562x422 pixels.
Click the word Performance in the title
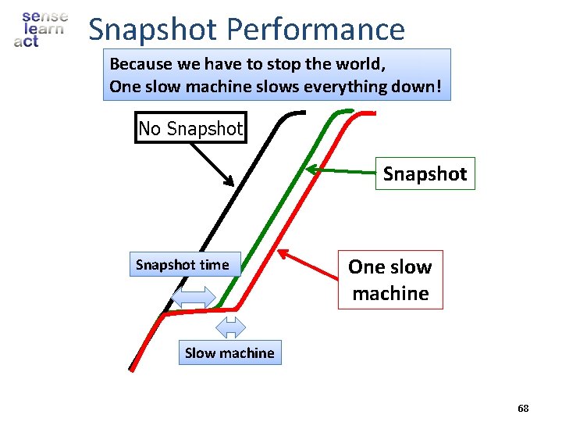pos(316,30)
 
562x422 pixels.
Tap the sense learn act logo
pos(41,29)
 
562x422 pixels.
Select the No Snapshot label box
pos(191,128)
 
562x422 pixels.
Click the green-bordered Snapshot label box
pos(425,174)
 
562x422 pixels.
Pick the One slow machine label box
pos(390,280)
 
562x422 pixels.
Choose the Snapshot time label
pos(183,265)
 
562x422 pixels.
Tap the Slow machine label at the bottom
pos(229,352)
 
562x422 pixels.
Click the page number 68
pos(523,409)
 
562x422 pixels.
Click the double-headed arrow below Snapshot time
pos(193,297)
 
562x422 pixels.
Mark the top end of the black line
pos(304,113)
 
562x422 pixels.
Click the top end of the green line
pos(350,112)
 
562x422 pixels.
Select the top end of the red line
pos(373,113)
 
